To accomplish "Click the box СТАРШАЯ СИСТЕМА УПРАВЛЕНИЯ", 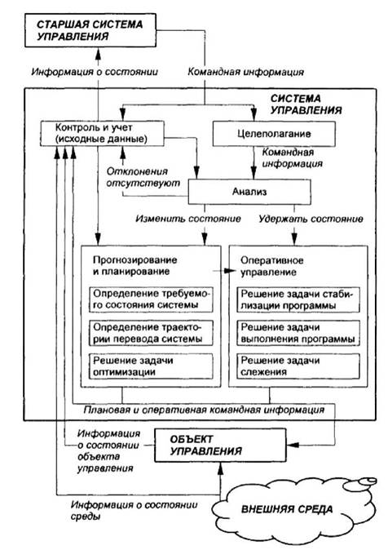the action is click(90, 30).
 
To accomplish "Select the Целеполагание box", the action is click(274, 134).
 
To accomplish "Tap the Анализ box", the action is click(249, 192).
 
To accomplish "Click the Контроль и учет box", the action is click(102, 133).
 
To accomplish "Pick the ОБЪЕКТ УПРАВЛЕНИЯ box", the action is click(220, 445).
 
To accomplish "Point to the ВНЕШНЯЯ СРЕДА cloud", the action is click(288, 509).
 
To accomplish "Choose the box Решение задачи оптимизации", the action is click(151, 366).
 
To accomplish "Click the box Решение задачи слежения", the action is click(298, 366).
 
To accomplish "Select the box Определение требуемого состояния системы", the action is click(151, 299).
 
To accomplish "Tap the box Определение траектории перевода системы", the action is click(151, 333).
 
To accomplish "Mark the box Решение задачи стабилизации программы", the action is click(298, 299).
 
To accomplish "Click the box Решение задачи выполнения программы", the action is click(298, 333).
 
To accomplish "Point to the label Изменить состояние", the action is click(188, 219).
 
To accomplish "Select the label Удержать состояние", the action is click(311, 219).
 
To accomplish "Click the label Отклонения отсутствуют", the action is click(143, 177).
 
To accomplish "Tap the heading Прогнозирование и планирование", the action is click(135, 265).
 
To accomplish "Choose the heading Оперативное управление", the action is click(271, 266).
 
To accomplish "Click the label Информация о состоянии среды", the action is click(134, 510).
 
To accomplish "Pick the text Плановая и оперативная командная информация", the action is click(204, 410).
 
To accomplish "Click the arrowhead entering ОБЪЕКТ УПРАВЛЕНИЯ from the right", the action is click(293, 445).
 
